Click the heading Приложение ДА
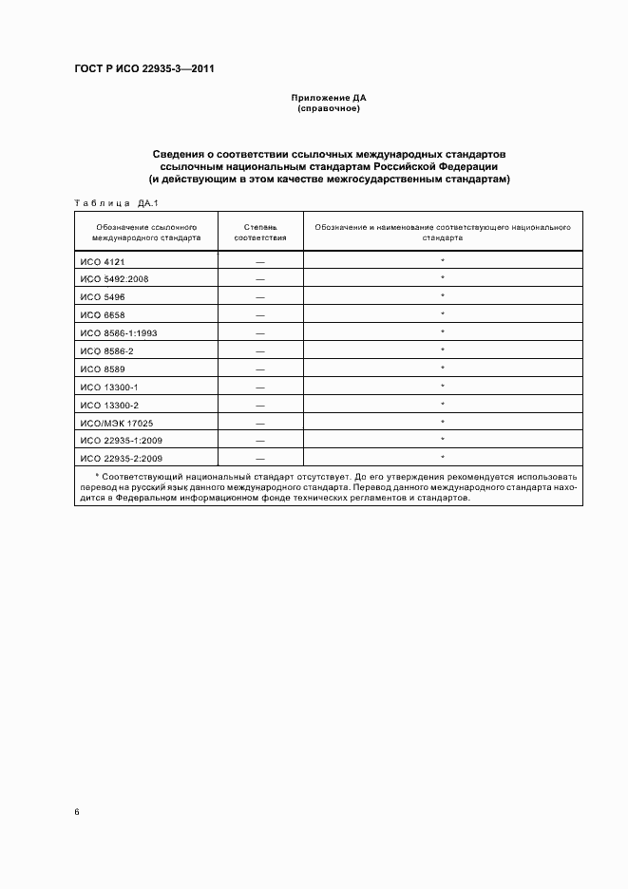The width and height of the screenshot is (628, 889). [329, 98]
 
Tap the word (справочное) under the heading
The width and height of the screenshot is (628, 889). [329, 108]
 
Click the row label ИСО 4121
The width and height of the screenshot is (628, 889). [104, 260]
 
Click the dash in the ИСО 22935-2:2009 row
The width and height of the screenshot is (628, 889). [259, 458]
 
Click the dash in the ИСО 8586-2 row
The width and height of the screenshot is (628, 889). [259, 350]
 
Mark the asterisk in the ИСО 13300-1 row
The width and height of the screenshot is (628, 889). [443, 386]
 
